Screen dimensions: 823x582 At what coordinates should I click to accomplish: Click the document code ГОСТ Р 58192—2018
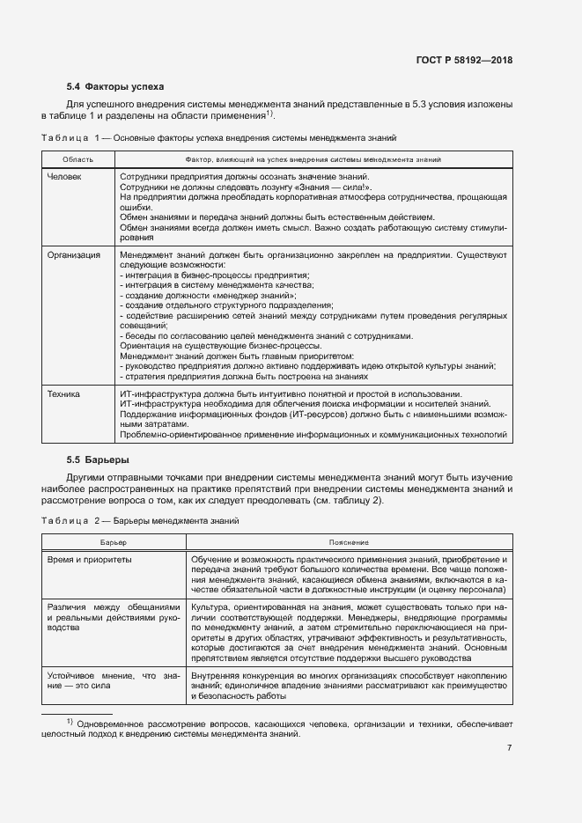pyautogui.click(x=463, y=61)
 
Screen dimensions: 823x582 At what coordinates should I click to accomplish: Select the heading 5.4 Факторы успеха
pyautogui.click(x=115, y=86)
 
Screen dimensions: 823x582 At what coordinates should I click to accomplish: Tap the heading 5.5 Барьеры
pyautogui.click(x=98, y=459)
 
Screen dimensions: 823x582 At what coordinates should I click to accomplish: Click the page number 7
pyautogui.click(x=510, y=748)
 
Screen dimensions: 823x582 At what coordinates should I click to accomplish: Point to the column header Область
pyautogui.click(x=77, y=159)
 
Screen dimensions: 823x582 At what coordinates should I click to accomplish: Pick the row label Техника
pyautogui.click(x=63, y=393)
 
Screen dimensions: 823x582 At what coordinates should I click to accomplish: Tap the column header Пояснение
pyautogui.click(x=349, y=542)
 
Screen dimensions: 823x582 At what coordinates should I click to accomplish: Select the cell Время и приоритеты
pyautogui.click(x=89, y=560)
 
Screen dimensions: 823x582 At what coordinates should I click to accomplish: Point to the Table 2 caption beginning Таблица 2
pyautogui.click(x=141, y=521)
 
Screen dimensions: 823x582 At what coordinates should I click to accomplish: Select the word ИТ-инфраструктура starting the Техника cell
pyautogui.click(x=150, y=393)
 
